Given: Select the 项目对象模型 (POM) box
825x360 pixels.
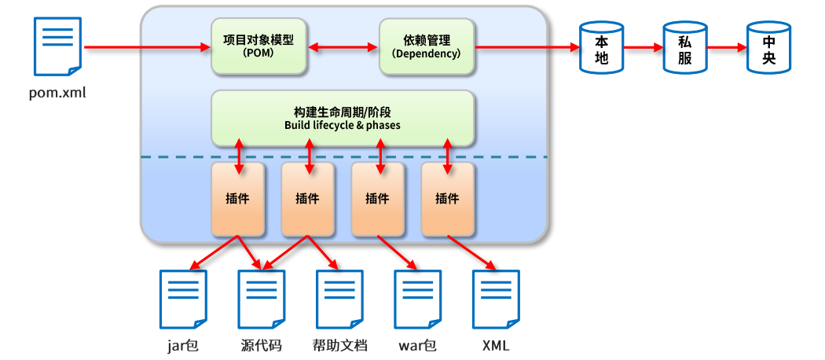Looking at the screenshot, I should pyautogui.click(x=258, y=46).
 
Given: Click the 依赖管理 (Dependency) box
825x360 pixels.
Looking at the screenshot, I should pyautogui.click(x=427, y=46).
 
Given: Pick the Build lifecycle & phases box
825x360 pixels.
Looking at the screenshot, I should pyautogui.click(x=343, y=118).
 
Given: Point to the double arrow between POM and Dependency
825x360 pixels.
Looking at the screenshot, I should pyautogui.click(x=343, y=47).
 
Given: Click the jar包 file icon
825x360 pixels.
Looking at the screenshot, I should pyautogui.click(x=183, y=299).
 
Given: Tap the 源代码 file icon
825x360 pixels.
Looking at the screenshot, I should pyautogui.click(x=261, y=299).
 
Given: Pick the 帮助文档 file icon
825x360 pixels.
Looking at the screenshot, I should pyautogui.click(x=339, y=299).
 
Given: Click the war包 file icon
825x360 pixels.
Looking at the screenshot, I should pyautogui.click(x=417, y=299).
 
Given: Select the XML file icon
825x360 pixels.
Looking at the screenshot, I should pyautogui.click(x=495, y=299).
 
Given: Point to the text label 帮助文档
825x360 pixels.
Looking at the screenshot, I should pyautogui.click(x=339, y=345).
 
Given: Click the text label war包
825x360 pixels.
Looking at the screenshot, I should pyautogui.click(x=417, y=345).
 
